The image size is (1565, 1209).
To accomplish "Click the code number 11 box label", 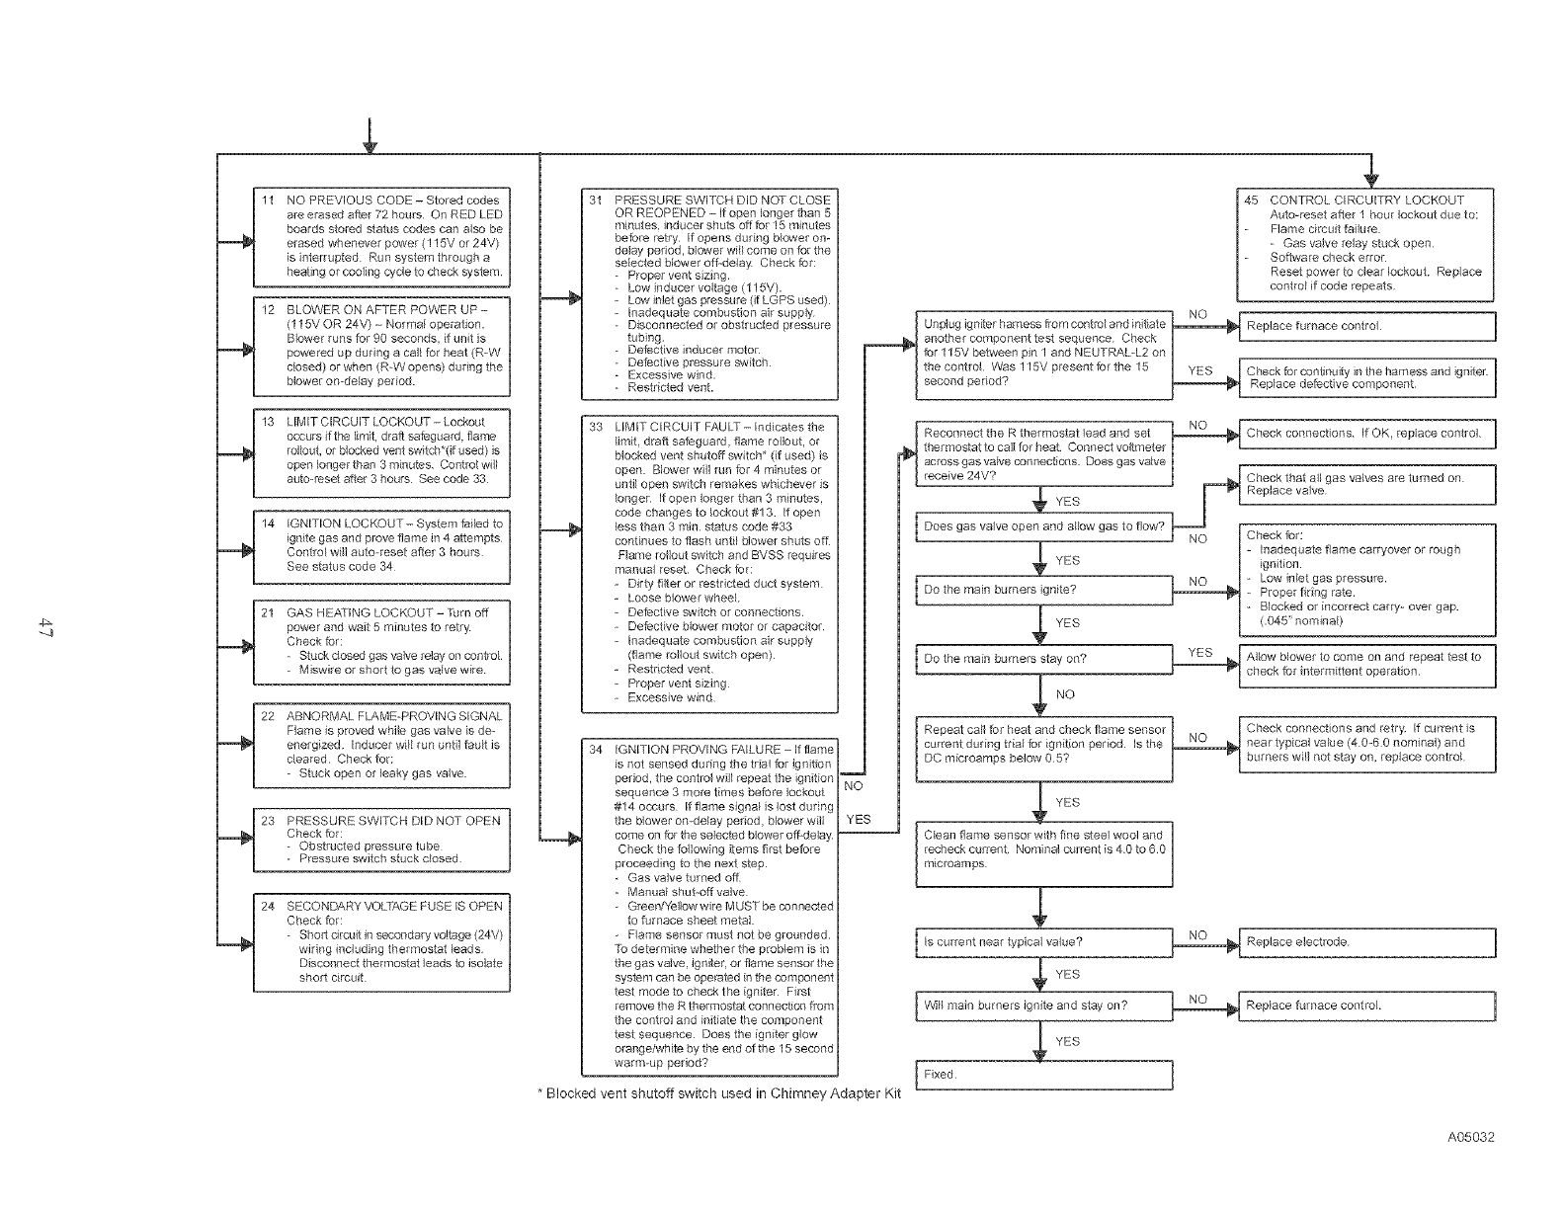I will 268,201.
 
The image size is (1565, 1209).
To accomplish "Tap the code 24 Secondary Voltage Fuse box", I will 381,941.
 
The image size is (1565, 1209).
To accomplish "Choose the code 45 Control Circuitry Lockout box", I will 1365,244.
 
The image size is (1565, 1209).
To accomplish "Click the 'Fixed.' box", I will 1043,1075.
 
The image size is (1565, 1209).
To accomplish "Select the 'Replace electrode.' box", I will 1366,942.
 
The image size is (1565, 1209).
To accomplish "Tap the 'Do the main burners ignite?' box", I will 1043,591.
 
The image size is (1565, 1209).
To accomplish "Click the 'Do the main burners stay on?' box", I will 1043,659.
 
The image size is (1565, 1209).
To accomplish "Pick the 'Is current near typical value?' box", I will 1043,942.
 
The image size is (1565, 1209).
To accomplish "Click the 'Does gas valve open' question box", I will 1043,526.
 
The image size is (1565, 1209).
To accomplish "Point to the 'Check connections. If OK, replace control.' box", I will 1366,434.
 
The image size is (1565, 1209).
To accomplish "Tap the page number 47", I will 44,626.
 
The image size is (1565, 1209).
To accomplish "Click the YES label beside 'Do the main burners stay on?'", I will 1199,653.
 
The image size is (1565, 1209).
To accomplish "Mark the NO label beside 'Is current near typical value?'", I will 1197,935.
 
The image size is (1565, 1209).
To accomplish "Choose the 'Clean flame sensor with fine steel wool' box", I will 1043,849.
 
